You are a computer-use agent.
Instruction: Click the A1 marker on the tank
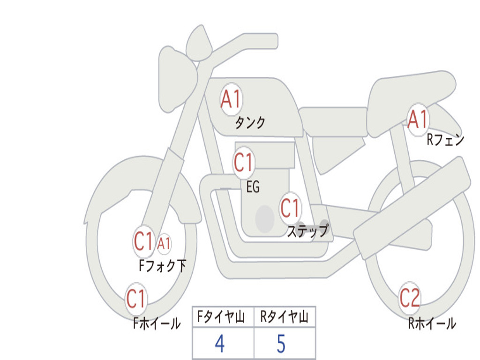tap(231, 99)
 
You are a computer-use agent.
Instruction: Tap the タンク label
tap(250, 123)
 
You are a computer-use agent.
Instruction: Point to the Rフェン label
tap(445, 140)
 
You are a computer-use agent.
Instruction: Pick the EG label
tap(253, 187)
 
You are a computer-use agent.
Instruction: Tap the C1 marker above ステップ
tap(290, 208)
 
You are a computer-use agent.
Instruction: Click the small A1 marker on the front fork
tap(164, 244)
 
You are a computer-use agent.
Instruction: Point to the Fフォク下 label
tap(162, 266)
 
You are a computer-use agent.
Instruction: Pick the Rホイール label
tap(432, 323)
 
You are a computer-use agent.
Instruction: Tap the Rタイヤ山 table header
tap(285, 317)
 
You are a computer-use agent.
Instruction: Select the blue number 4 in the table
tap(219, 345)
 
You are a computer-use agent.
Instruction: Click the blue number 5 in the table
tap(281, 345)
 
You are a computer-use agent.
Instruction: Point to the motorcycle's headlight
tap(176, 77)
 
